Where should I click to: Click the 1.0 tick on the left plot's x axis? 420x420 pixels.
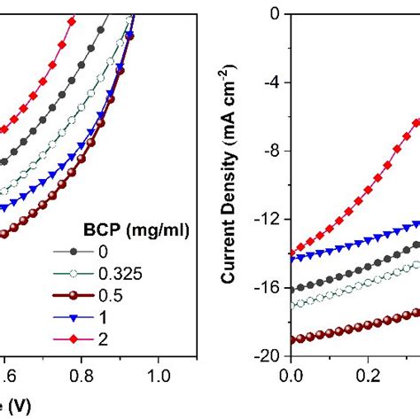point(159,374)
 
